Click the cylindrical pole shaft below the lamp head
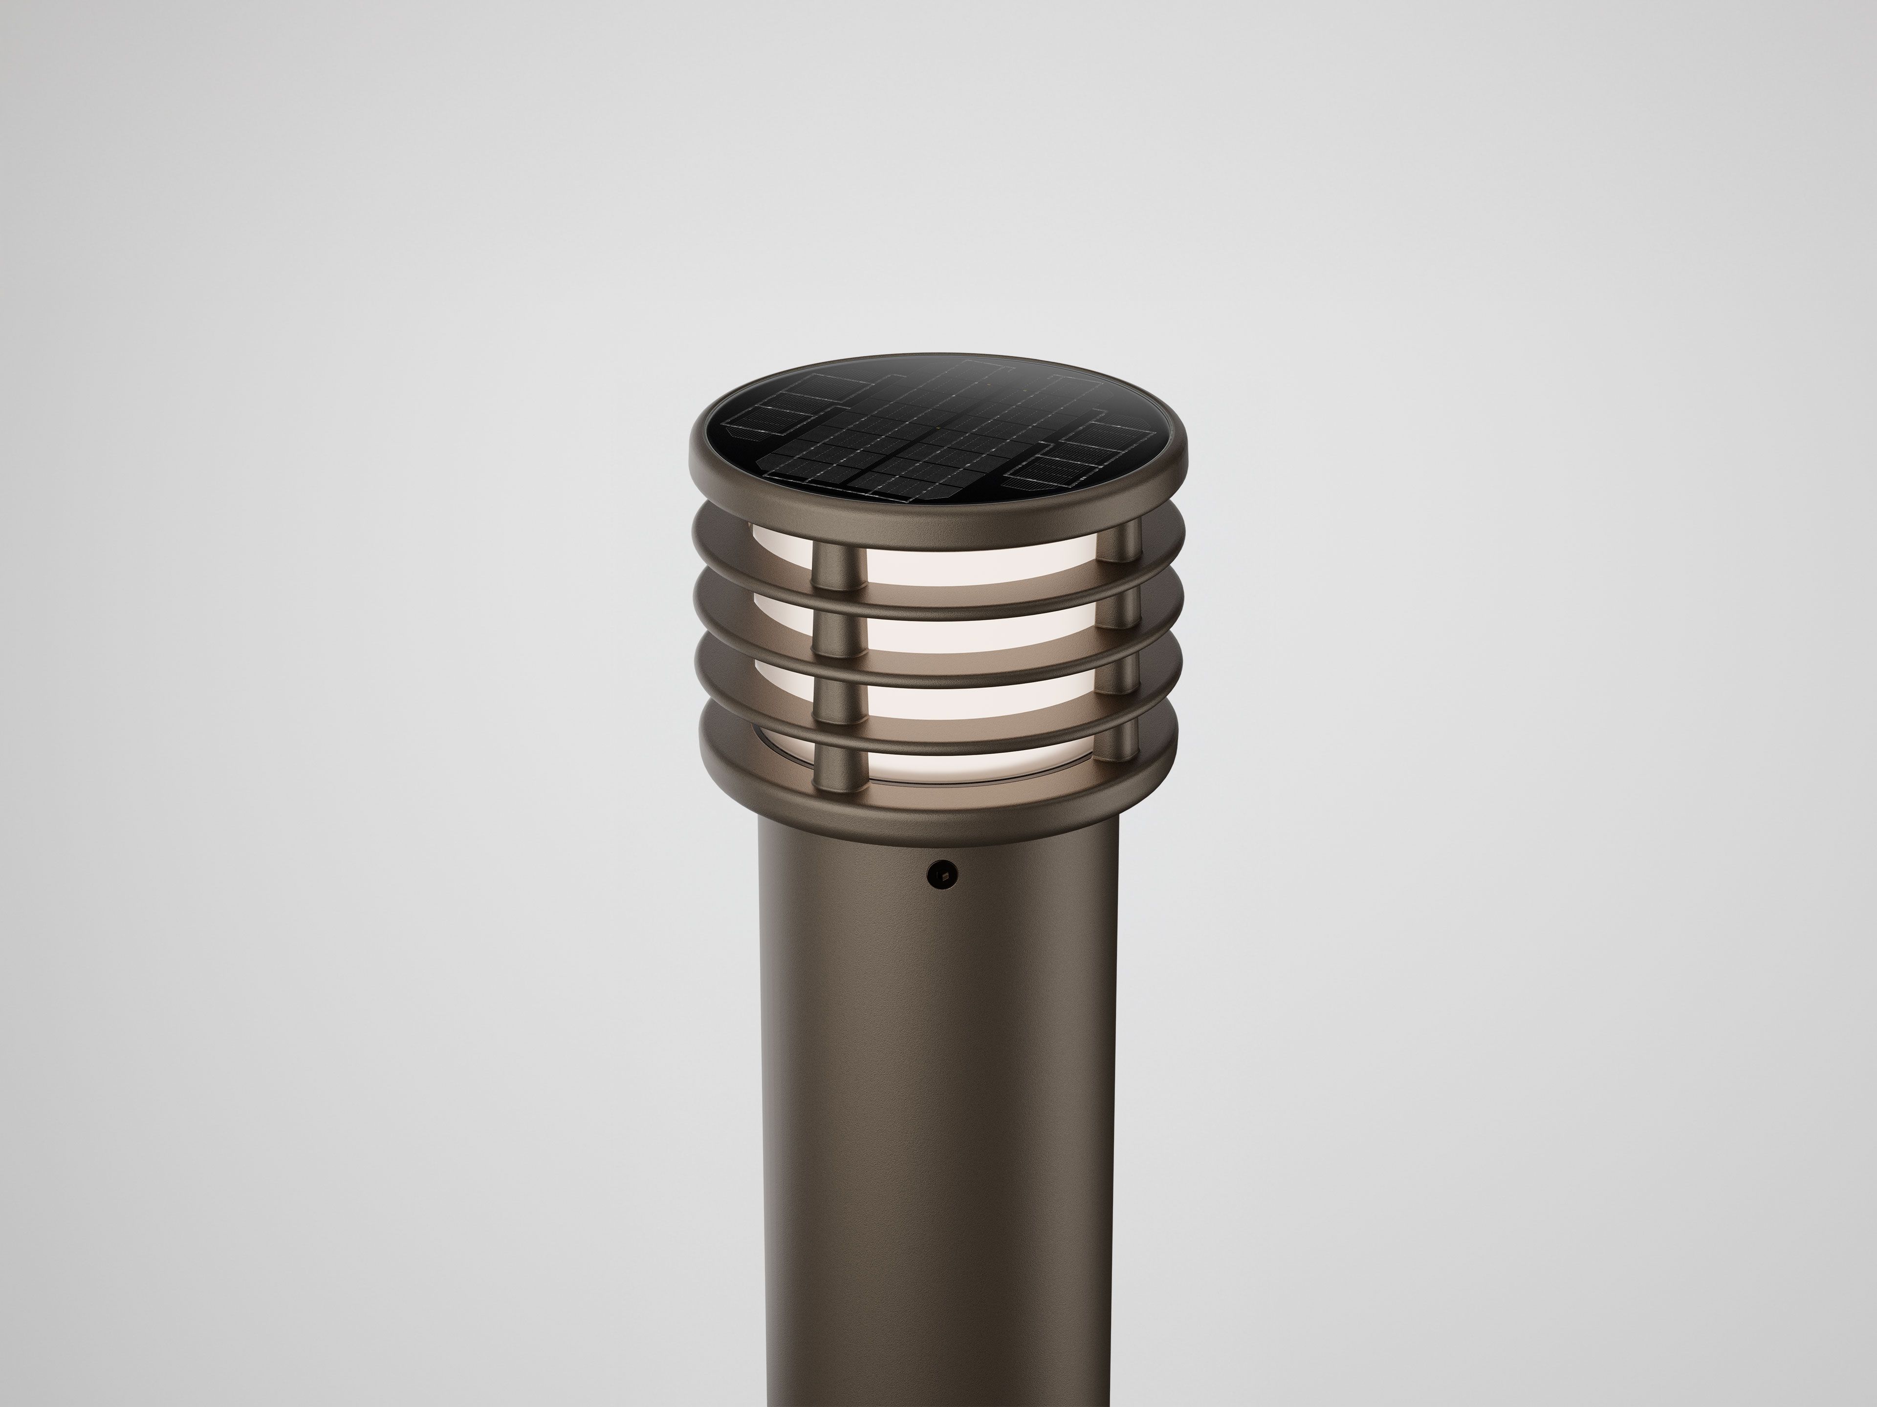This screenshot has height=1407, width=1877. coord(938,1103)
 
